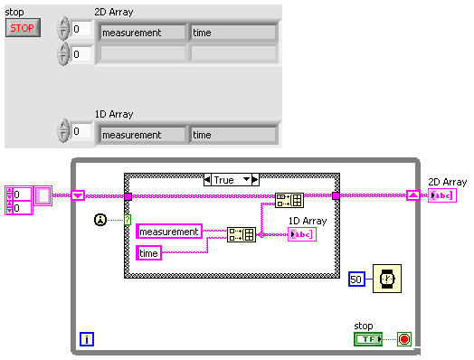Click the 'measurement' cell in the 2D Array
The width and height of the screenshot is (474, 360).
[142, 33]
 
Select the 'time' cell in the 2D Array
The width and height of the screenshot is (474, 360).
[232, 33]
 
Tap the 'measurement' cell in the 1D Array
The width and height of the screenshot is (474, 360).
[142, 135]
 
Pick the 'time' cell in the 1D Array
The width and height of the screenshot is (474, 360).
[232, 135]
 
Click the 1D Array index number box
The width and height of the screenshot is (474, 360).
[82, 133]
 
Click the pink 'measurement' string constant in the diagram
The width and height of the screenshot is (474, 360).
[169, 232]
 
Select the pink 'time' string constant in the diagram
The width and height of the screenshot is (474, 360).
[149, 253]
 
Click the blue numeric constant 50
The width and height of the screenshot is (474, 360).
[356, 280]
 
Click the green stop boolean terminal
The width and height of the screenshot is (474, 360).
[367, 339]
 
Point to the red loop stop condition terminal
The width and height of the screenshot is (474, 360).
[404, 339]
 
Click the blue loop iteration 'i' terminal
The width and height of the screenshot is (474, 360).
[88, 340]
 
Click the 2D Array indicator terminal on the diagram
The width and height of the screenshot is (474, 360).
[442, 195]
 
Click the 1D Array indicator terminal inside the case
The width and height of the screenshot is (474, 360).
[301, 235]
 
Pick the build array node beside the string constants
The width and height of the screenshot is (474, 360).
[241, 235]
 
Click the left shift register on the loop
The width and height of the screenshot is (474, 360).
[78, 195]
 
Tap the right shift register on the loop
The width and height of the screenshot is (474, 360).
[412, 195]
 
